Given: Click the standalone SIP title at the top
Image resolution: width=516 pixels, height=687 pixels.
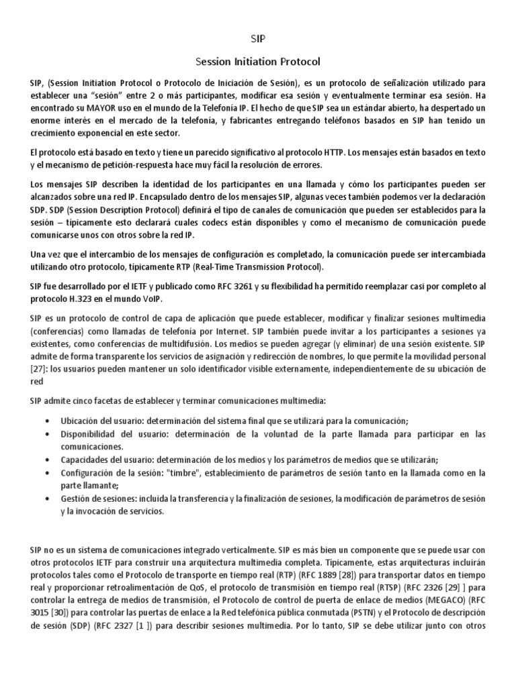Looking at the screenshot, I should click(258, 39).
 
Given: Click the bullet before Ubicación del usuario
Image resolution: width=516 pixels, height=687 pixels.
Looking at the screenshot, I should click(46, 420).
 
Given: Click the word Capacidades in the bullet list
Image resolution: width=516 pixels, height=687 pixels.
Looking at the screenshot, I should click(84, 460).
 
